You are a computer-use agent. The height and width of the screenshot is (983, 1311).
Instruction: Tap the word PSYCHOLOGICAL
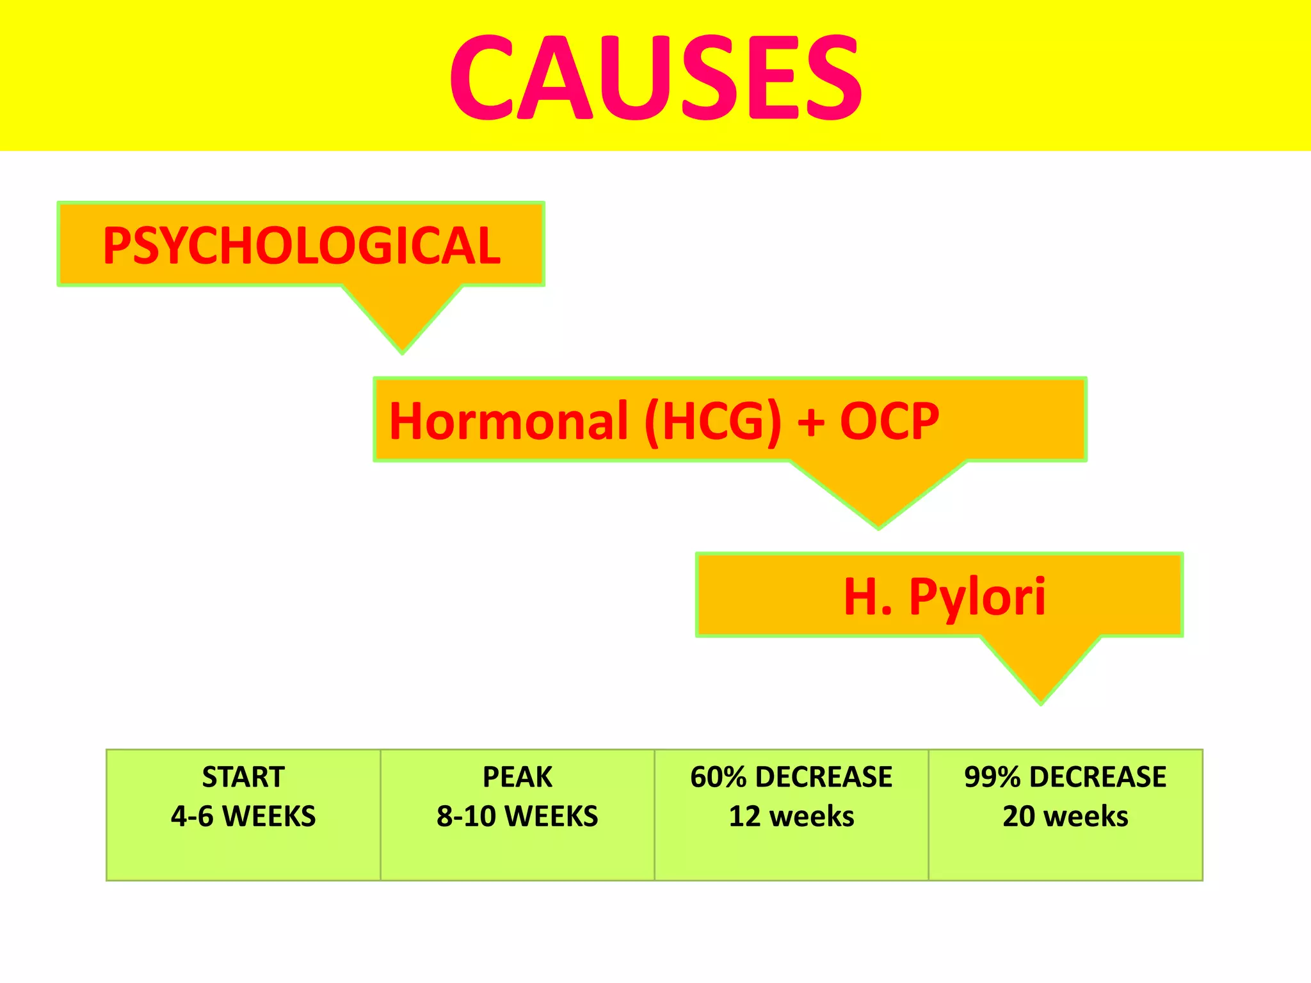click(302, 245)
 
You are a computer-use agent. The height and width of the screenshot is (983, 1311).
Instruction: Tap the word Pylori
click(977, 597)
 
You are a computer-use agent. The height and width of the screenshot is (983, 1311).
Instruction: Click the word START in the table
click(243, 777)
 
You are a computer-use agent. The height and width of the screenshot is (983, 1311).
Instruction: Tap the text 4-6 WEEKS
click(243, 816)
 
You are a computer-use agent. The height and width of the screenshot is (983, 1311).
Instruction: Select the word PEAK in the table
click(517, 777)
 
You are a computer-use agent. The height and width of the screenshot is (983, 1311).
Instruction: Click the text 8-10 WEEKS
click(517, 816)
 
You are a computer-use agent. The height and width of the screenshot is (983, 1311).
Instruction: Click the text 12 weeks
click(791, 816)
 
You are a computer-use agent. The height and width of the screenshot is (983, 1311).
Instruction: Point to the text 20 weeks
click(1065, 816)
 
